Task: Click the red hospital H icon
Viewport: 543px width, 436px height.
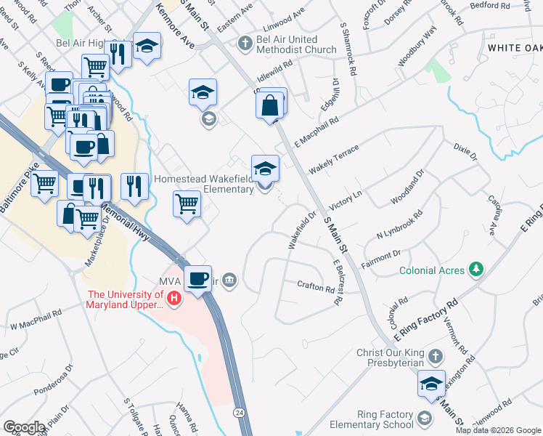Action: [173, 298]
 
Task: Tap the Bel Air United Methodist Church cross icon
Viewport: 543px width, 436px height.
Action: [245, 44]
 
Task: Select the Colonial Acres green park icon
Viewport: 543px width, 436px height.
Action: [476, 270]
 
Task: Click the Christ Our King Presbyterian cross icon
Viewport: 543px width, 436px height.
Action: [435, 357]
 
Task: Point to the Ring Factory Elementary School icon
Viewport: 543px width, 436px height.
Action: [425, 419]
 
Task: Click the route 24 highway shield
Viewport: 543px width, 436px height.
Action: [238, 413]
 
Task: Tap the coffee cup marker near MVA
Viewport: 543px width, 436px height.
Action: [197, 278]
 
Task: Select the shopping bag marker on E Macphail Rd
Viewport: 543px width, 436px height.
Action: [270, 106]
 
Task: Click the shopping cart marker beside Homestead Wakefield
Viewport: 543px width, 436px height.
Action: [187, 203]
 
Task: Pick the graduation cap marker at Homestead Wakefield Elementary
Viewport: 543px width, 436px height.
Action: [266, 169]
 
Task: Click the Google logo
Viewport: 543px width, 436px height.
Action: [24, 427]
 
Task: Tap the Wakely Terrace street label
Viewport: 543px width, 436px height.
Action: [333, 160]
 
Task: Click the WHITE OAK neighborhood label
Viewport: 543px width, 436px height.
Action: [515, 47]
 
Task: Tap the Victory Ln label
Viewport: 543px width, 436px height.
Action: [345, 197]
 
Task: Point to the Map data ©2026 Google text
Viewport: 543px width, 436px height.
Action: [498, 430]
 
